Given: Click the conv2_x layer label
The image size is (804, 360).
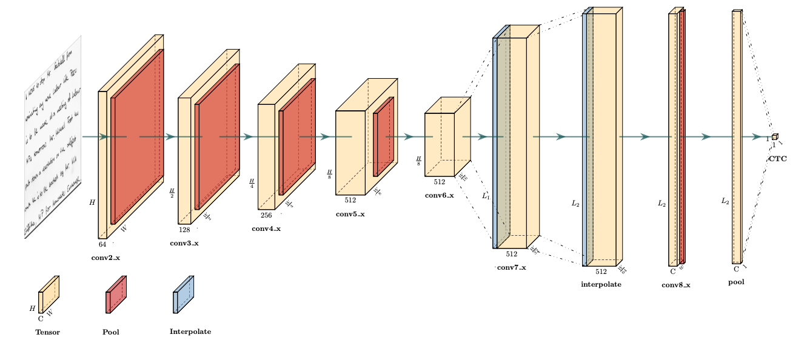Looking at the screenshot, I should click(106, 258).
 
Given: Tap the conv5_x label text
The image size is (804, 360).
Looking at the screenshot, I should click(350, 214).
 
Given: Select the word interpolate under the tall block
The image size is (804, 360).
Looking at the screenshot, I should click(601, 284).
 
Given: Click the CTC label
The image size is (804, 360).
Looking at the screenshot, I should click(777, 158).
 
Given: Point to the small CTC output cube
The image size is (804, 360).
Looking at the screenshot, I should click(774, 137).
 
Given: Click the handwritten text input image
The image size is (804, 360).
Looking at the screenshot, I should click(53, 136).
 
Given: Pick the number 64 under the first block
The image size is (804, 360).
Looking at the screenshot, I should click(102, 244).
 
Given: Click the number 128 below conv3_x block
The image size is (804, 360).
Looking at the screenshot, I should click(184, 229).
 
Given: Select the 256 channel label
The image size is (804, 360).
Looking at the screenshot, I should click(266, 215).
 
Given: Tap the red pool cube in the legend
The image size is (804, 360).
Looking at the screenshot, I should click(115, 295).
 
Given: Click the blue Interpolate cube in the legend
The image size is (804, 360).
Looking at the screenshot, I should click(183, 295).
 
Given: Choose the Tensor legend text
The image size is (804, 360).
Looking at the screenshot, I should click(47, 332).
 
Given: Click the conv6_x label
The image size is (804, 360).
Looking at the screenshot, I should click(439, 195).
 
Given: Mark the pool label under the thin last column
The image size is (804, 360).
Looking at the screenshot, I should click(736, 282).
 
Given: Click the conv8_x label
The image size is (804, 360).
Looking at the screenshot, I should click(675, 284).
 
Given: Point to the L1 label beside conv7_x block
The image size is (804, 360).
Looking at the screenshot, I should click(486, 196).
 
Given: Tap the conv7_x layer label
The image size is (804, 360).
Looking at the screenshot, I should click(511, 267).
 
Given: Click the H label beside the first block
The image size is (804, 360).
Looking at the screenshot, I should click(92, 202).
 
